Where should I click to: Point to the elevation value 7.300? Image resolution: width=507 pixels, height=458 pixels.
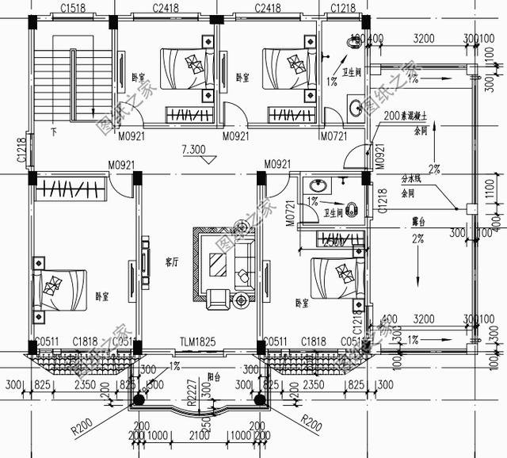coord(193,148)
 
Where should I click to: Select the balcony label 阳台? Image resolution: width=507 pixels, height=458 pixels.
coord(208,377)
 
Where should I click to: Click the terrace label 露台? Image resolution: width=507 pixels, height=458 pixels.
coord(410,223)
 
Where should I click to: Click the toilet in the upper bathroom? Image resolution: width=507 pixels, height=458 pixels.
coord(353,44)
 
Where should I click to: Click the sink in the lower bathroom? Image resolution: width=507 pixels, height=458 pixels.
coord(309,185)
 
